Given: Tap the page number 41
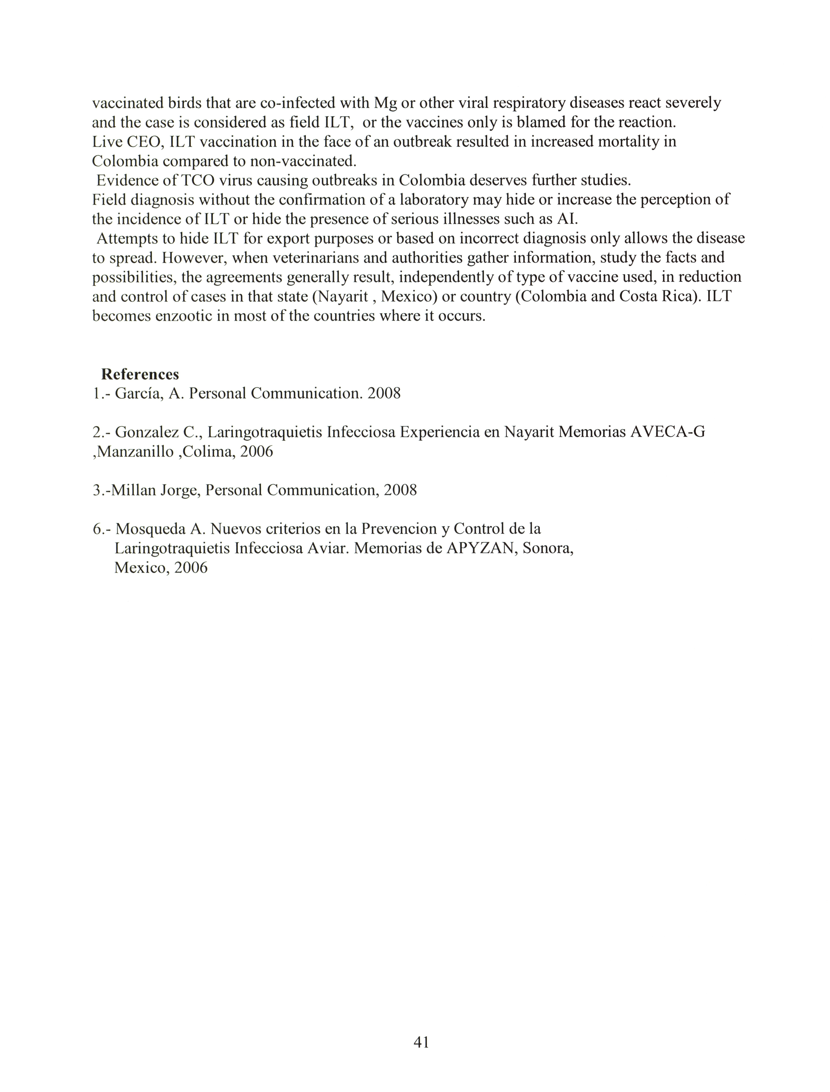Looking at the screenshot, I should click(421, 1042).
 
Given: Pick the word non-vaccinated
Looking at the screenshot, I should click(303, 161).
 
